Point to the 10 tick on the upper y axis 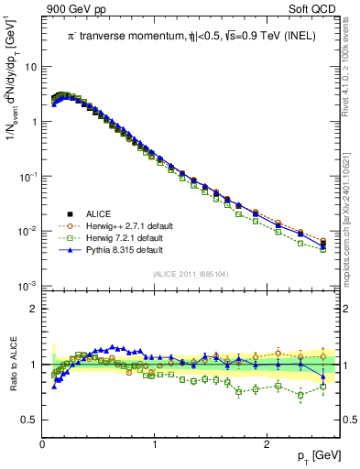tap(31, 67)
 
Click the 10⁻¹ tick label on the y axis tap(28, 176)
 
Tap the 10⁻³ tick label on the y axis tap(28, 286)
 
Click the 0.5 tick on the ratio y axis tap(29, 420)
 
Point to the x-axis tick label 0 tap(43, 443)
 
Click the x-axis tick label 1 tap(155, 443)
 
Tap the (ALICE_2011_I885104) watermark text tap(191, 275)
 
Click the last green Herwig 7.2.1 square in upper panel tap(322, 249)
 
